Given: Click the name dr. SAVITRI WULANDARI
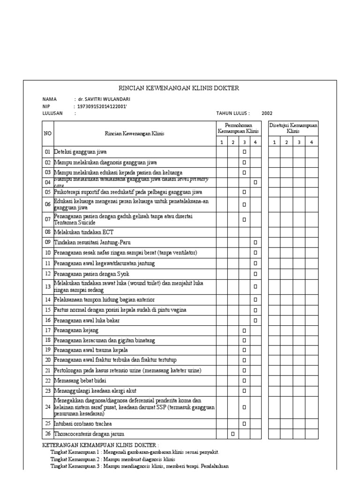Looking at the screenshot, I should (104, 99).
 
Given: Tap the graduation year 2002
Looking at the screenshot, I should (267, 113).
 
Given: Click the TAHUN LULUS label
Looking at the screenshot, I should (233, 113).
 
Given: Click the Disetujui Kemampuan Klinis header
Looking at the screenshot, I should (293, 129).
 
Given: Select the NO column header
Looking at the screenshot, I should (47, 134).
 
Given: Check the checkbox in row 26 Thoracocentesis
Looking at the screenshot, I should (232, 434).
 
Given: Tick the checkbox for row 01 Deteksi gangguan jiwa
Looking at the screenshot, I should (244, 152).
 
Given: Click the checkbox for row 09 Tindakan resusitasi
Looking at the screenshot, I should (255, 242).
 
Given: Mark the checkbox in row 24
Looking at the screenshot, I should (244, 407).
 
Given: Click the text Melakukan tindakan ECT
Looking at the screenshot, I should (84, 232).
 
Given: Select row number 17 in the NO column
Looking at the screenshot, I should (47, 330).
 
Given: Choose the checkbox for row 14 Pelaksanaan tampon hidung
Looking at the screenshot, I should (255, 300).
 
